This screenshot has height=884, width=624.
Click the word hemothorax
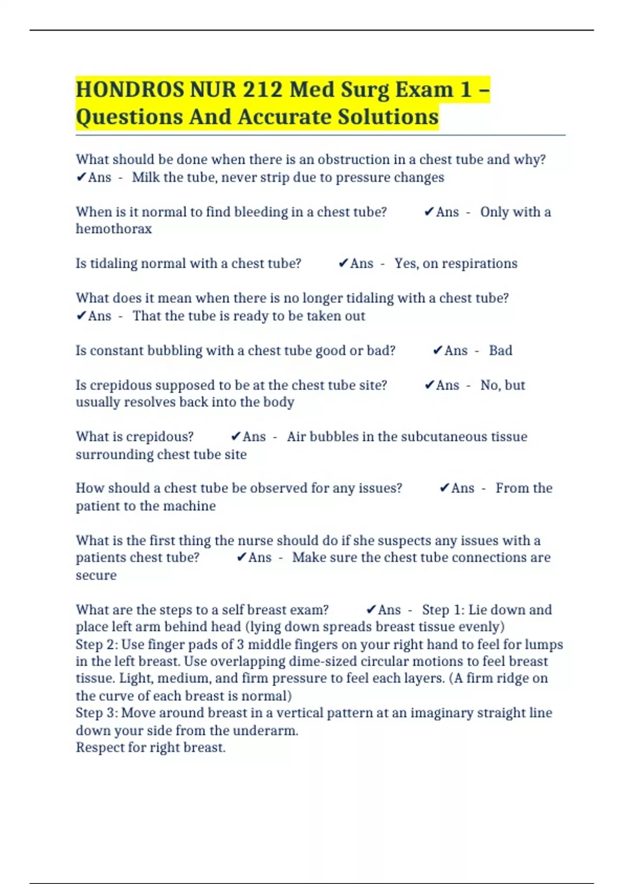click(x=114, y=229)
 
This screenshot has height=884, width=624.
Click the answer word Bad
click(x=500, y=350)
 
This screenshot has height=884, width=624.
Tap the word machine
click(x=189, y=506)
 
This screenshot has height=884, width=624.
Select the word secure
click(x=96, y=575)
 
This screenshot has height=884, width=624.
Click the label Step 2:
click(x=97, y=645)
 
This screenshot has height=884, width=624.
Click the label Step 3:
click(x=97, y=713)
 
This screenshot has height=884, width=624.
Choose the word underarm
click(x=265, y=731)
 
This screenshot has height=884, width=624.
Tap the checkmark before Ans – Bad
click(x=437, y=350)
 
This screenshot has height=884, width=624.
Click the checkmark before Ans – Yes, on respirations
click(x=343, y=264)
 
